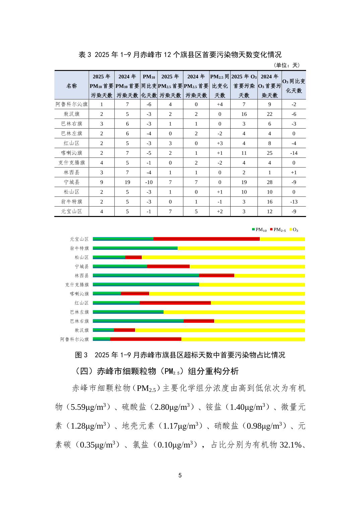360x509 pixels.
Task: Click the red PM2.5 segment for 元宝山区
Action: click(206, 239)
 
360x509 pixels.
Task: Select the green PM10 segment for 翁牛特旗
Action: click(135, 248)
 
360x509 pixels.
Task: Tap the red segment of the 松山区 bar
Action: click(133, 257)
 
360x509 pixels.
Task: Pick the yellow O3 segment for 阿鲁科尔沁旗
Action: click(243, 339)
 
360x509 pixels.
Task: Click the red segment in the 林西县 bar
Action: click(217, 276)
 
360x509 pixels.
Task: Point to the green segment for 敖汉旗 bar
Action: click(103, 330)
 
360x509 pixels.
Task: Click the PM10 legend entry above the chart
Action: click(259, 230)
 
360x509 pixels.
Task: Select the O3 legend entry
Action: click(294, 230)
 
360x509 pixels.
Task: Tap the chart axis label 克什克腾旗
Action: click(77, 285)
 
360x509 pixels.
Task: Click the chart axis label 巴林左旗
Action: click(79, 312)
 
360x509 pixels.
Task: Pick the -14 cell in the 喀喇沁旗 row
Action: click(294, 153)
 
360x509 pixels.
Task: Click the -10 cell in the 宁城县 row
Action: click(149, 182)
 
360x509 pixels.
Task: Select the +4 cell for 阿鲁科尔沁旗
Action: click(220, 104)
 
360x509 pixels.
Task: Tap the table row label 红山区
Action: click(71, 143)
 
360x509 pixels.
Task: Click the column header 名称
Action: click(71, 86)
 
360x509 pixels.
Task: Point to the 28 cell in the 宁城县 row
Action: click(269, 182)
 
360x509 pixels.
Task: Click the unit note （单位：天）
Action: click(287, 65)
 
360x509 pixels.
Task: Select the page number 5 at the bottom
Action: click(180, 475)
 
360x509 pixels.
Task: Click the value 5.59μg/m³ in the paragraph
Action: click(89, 407)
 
